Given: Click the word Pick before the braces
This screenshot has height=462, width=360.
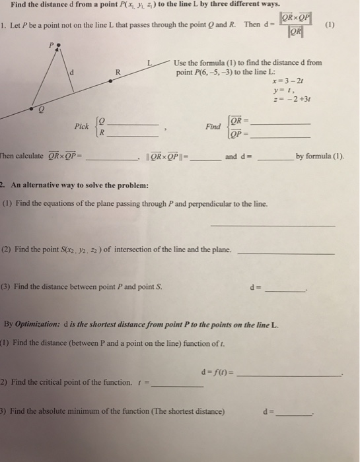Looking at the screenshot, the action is (82, 125).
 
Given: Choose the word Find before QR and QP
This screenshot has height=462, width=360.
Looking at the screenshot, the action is (214, 125).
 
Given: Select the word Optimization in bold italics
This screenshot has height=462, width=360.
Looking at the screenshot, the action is (42, 325).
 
